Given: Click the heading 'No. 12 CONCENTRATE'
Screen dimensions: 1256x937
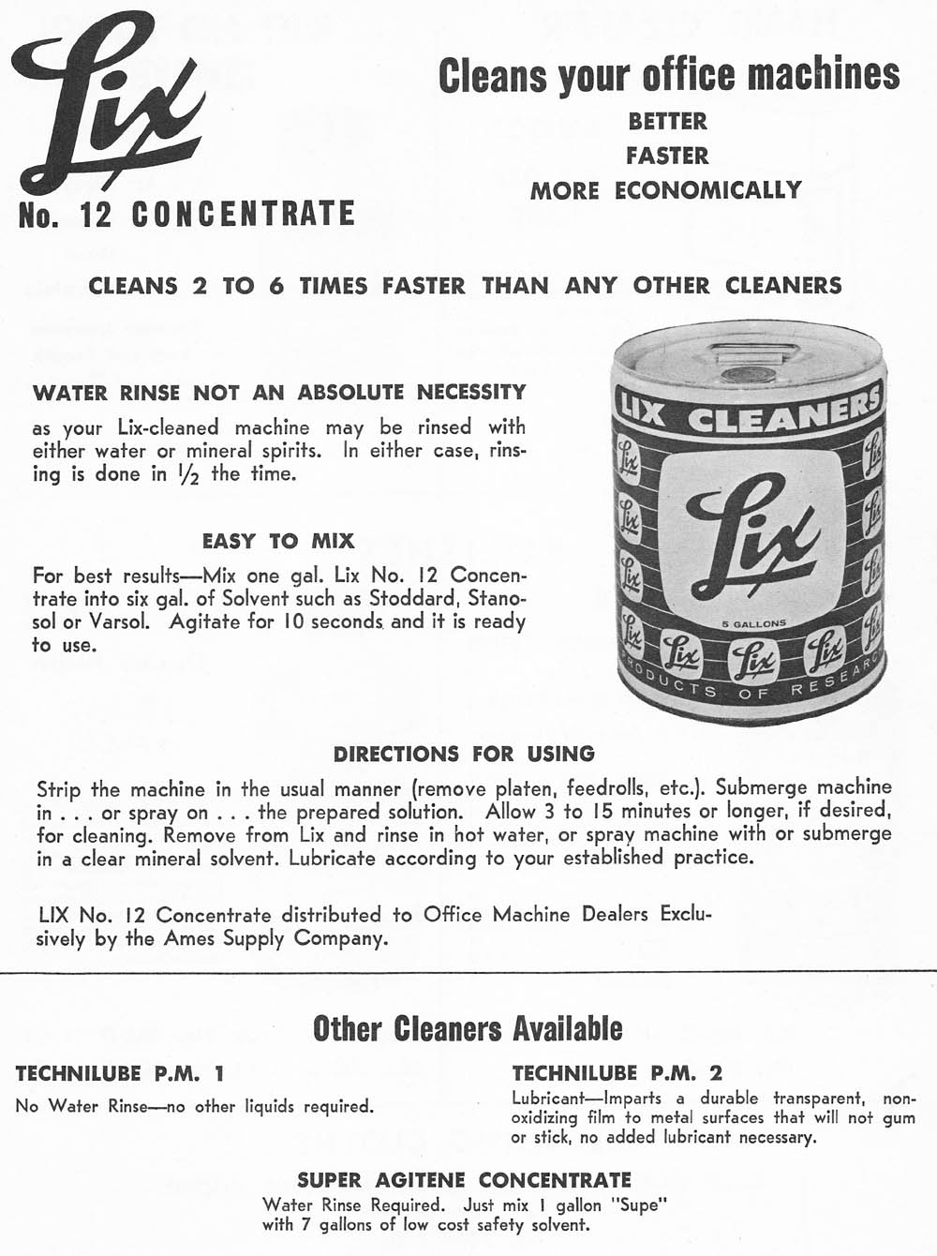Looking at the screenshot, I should coord(187,214).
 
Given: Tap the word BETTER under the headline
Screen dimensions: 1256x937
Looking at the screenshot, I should coord(667,121).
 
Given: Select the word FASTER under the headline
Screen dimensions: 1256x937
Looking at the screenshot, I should coord(667,156).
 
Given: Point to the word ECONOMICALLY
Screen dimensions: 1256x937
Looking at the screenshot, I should coord(708,190).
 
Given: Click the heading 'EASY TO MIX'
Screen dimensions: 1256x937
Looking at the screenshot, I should coord(278,541).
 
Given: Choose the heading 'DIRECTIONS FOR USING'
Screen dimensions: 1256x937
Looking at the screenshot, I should coord(464,754).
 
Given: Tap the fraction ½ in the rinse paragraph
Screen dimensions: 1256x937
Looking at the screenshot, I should coord(193,474).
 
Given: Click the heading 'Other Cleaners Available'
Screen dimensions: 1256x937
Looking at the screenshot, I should coord(468,1028).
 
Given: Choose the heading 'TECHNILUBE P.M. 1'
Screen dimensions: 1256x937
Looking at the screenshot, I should coord(120,1073).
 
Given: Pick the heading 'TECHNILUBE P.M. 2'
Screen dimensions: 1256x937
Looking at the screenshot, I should coord(617,1073).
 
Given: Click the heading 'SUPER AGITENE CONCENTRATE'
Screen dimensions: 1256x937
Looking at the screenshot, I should coord(464,1179).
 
